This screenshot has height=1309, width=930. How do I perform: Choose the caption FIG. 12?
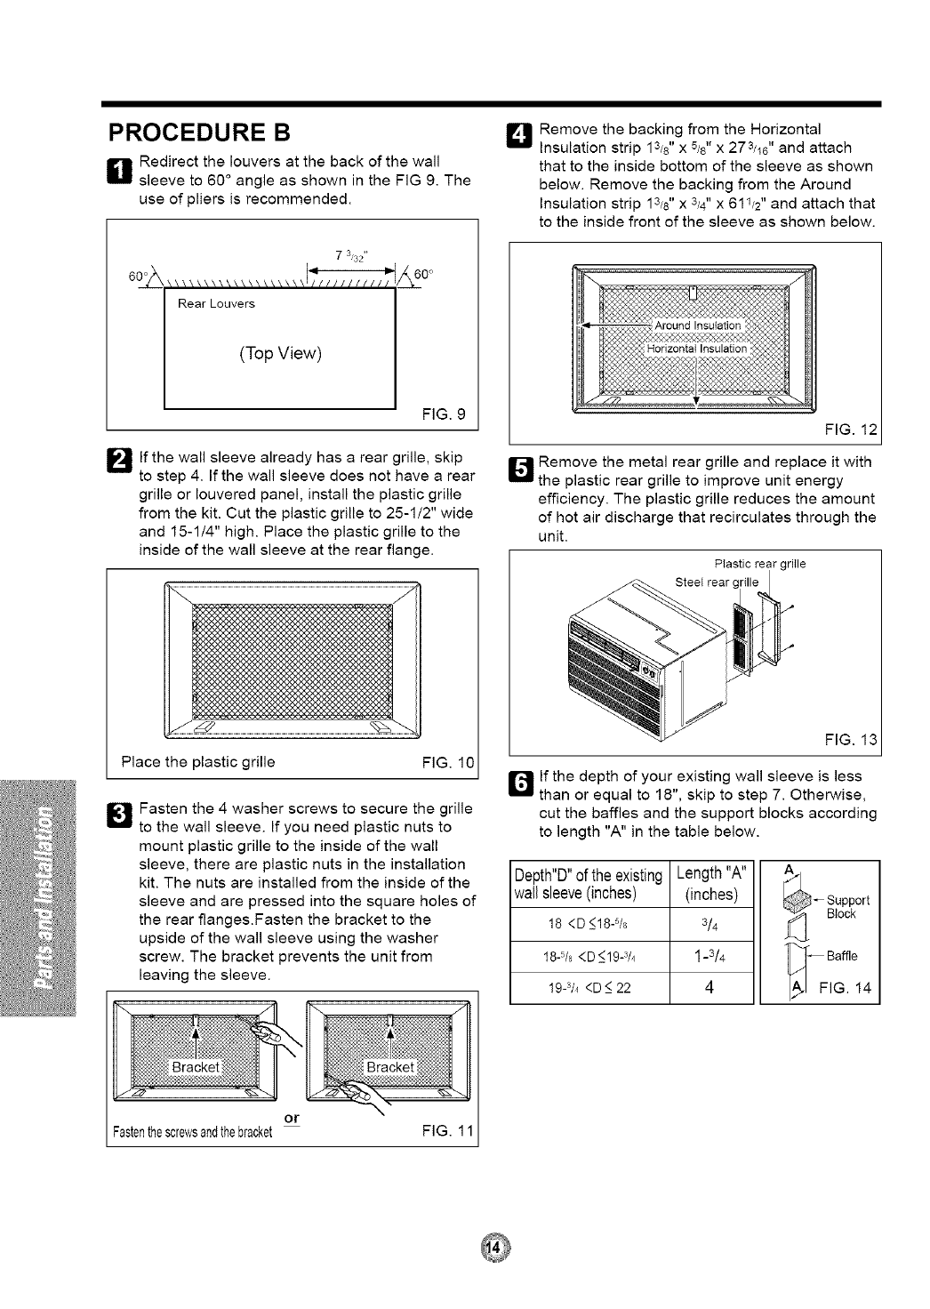click(x=852, y=430)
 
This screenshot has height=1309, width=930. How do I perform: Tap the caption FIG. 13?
click(x=851, y=740)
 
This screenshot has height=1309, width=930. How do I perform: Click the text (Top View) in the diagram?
click(x=279, y=353)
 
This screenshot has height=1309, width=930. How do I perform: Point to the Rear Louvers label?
click(x=216, y=304)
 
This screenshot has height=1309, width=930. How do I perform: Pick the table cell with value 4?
click(x=710, y=986)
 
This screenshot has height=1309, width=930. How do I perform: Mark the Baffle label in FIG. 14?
click(x=841, y=957)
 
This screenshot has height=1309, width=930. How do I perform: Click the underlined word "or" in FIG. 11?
click(x=290, y=1118)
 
